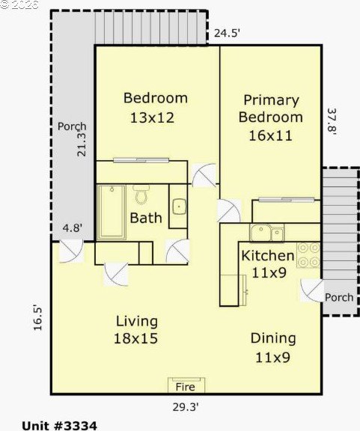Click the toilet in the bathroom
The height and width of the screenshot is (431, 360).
[141, 195]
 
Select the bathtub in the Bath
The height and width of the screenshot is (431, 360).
[112, 213]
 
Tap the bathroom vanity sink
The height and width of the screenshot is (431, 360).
[180, 207]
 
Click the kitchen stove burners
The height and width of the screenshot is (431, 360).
[308, 255]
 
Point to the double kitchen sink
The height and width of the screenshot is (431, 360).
[266, 233]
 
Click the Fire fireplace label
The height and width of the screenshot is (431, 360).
[186, 387]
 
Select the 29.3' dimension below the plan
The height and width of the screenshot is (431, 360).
[186, 407]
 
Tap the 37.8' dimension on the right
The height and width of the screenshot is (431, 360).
[332, 121]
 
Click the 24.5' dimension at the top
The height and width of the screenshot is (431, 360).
[228, 33]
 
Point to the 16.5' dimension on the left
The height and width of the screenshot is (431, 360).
[37, 317]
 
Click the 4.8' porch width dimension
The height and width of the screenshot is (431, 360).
[73, 228]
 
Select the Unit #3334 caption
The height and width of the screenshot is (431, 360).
[59, 426]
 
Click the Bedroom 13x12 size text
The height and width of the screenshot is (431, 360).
[152, 117]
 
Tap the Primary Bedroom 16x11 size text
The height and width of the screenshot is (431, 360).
[270, 135]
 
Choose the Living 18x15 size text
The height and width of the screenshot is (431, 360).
[136, 338]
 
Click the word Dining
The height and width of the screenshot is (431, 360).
[273, 339]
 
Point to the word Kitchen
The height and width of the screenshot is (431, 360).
[268, 256]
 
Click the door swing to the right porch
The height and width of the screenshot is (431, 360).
[312, 290]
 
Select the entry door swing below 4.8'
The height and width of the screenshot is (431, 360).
[71, 251]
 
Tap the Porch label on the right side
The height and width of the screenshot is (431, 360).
[339, 297]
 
